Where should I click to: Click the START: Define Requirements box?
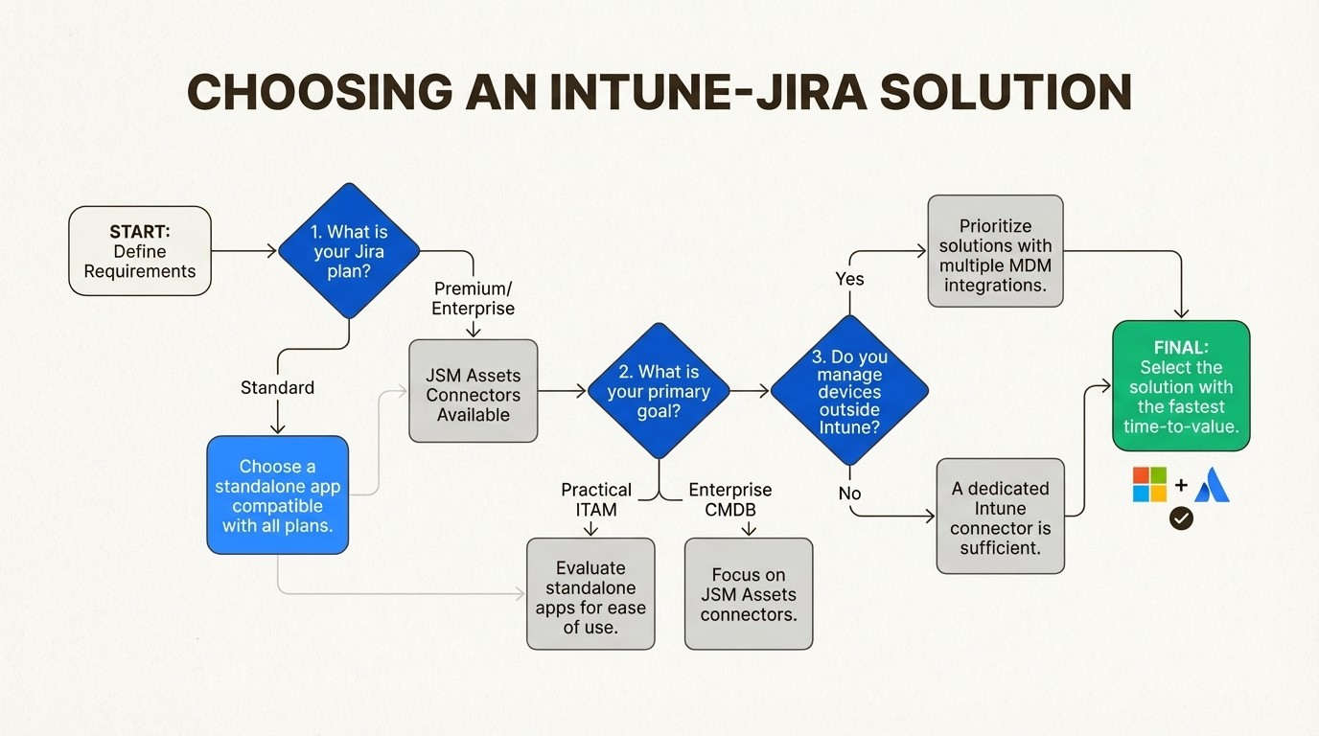pos(140,251)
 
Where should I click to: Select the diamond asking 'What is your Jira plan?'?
pos(349,251)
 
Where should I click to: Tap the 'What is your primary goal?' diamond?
pos(659,391)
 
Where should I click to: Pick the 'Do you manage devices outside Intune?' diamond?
pos(849,391)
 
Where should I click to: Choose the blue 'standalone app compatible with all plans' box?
pos(277,494)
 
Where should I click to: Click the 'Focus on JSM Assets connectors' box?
pos(748,593)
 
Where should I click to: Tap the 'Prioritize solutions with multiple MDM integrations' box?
pos(995,251)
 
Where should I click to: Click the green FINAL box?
pos(1181,386)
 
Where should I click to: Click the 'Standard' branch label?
pos(277,387)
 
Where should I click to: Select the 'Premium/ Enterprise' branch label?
pos(473,298)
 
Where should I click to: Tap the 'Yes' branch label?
pos(849,279)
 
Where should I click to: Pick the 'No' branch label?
pos(849,494)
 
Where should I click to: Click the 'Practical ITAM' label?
pos(595,498)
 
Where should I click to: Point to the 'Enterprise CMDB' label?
pos(730,498)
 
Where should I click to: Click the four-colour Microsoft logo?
pos(1149,485)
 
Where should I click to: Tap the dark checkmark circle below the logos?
pos(1181,518)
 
